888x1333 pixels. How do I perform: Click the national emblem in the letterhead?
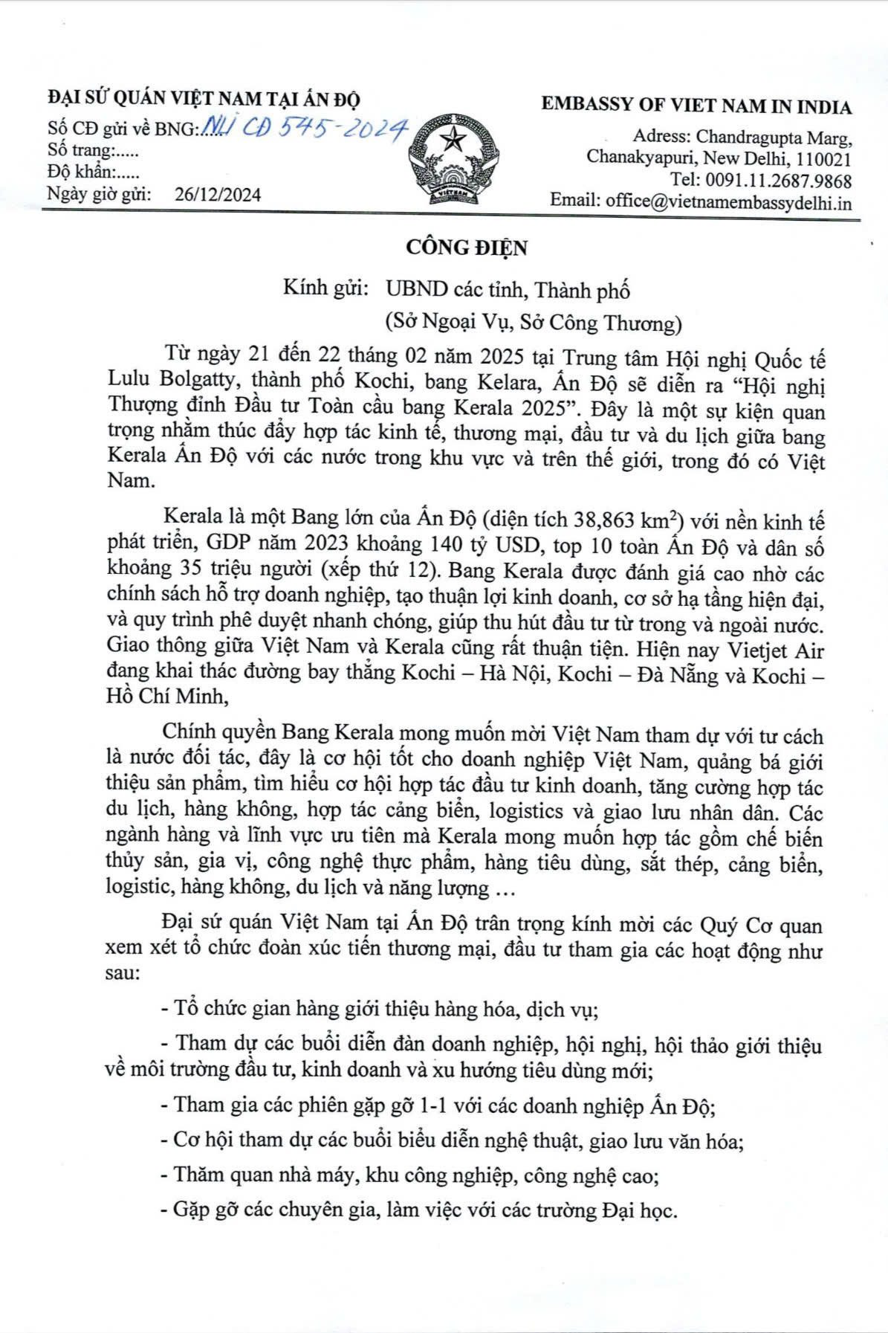point(450,159)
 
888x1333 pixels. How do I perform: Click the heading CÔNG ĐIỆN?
point(466,248)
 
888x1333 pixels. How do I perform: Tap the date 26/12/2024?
point(218,195)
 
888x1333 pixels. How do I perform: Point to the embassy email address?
point(728,201)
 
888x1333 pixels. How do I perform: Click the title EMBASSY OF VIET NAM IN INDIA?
point(696,106)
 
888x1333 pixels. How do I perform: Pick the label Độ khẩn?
point(79,172)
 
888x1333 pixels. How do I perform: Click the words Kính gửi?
point(326,288)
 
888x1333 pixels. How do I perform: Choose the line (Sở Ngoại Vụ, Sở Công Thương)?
point(533,323)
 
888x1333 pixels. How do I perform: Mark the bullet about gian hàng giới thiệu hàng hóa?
point(380,1009)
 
